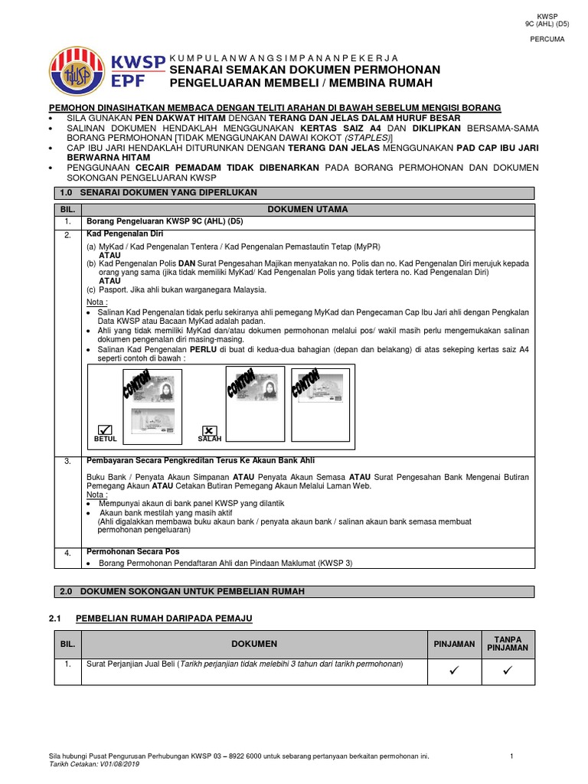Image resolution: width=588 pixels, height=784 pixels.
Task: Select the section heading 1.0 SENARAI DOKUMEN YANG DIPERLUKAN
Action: tap(158, 192)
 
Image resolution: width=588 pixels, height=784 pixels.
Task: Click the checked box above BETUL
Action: tap(105, 430)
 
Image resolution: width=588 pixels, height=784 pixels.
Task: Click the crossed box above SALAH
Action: tap(210, 430)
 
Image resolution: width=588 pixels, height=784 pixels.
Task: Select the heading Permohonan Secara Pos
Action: tap(132, 551)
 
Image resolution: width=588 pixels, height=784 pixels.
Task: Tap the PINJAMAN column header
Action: tap(454, 644)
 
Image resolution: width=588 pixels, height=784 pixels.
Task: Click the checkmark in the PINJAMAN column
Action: tap(454, 671)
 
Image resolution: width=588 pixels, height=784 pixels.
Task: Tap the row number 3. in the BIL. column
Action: tap(67, 462)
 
